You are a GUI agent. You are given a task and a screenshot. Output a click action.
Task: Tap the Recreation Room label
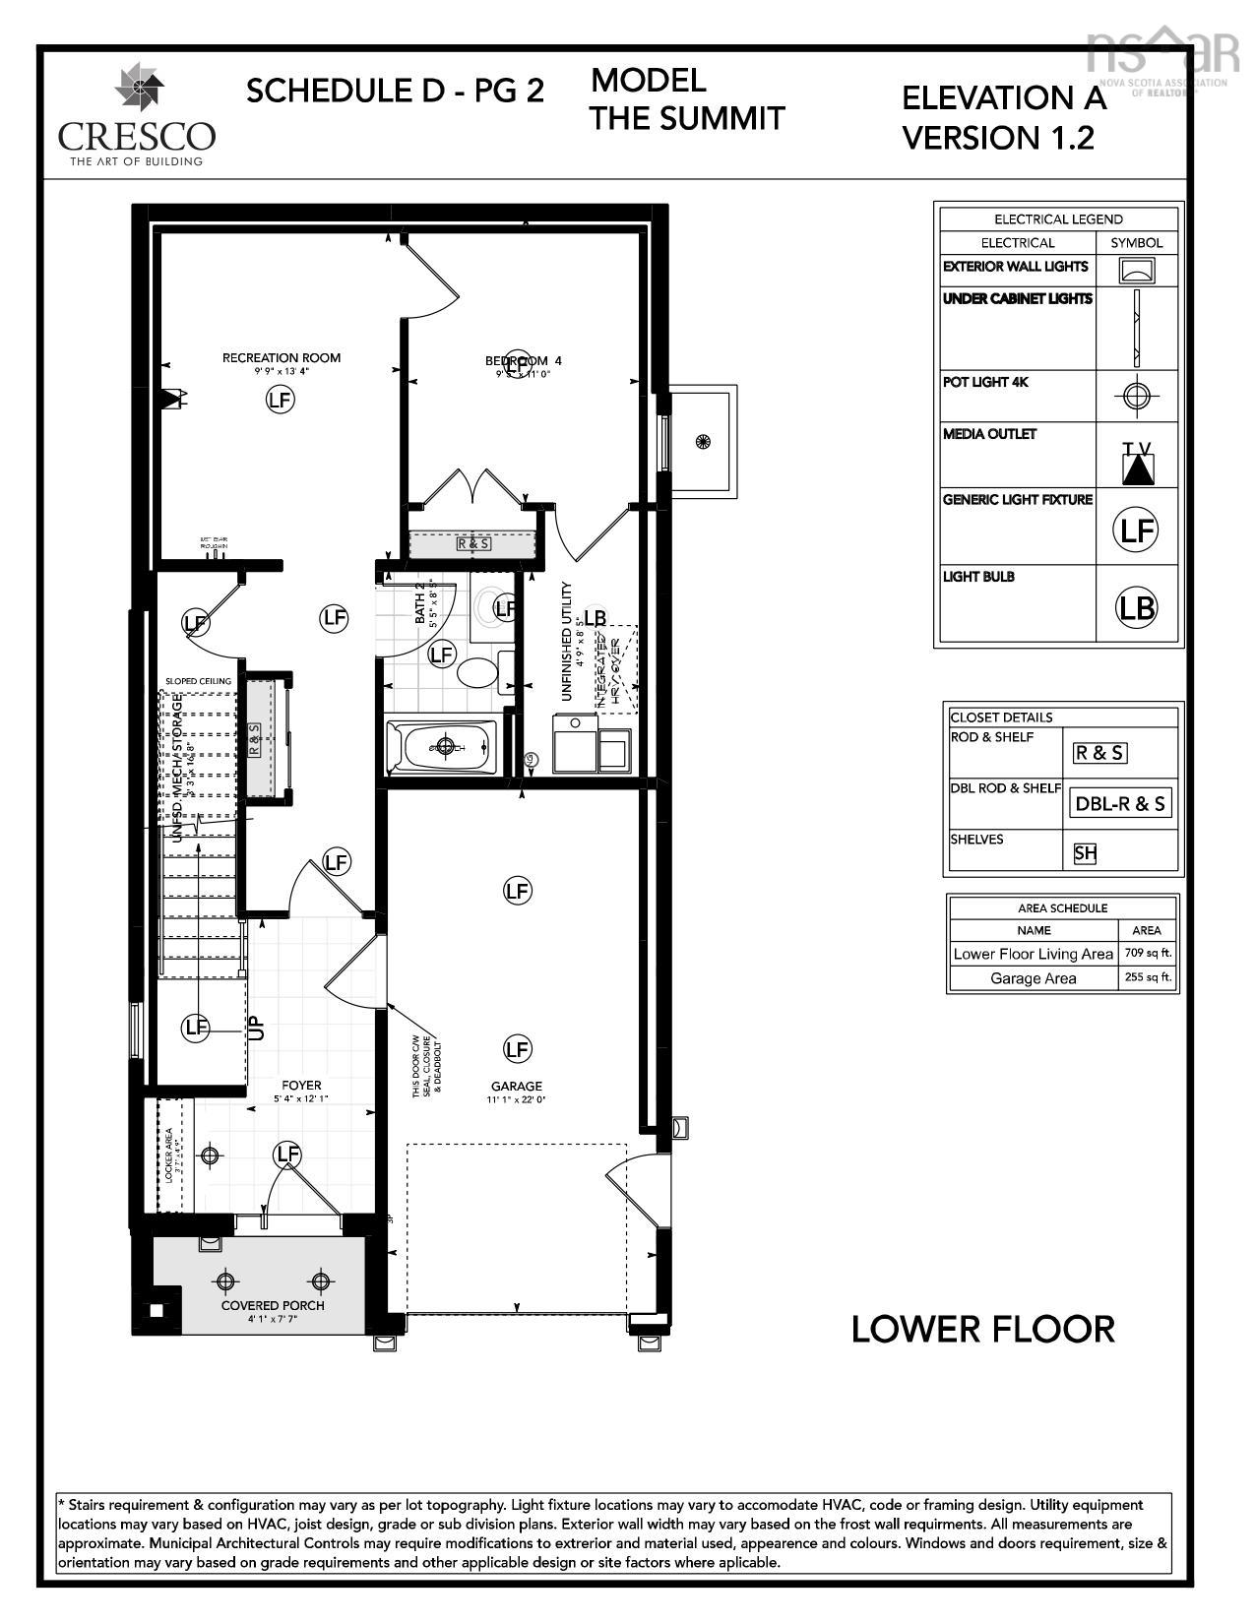tap(282, 357)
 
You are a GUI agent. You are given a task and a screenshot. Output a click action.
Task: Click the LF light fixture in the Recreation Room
tap(281, 400)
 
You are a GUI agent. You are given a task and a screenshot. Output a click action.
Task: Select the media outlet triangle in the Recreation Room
tap(176, 398)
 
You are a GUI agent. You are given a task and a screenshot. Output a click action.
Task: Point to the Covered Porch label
tap(273, 1305)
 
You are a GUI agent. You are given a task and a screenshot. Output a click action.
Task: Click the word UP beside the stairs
tap(257, 1028)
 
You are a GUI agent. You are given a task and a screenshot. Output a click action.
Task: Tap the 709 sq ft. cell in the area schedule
tap(1148, 953)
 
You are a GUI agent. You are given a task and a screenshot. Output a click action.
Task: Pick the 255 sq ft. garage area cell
tap(1148, 977)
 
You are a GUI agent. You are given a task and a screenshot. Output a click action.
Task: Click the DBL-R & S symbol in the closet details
tap(1120, 803)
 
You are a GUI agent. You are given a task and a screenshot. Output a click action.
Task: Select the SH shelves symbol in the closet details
tap(1085, 853)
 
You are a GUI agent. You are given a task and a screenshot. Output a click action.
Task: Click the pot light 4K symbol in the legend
tap(1137, 396)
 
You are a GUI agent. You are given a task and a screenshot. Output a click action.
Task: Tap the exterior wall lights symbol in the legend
tap(1137, 270)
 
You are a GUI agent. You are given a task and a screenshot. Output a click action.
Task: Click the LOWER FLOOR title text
tap(982, 1329)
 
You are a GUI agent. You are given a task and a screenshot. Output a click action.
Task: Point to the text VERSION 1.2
tap(998, 138)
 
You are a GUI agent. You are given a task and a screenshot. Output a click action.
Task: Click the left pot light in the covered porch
tap(226, 1280)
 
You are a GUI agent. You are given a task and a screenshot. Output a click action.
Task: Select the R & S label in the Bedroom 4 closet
tap(473, 543)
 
